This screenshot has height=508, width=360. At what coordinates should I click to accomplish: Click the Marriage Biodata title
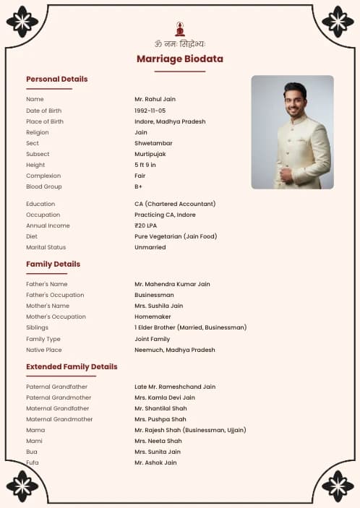coord(180,59)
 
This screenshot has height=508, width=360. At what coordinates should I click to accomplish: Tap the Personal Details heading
coord(56,79)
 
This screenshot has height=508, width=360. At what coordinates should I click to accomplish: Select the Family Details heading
coord(53,264)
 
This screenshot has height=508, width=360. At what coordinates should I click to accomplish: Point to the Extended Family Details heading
coord(72,366)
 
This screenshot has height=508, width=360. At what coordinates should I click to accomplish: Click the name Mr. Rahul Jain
coord(155,99)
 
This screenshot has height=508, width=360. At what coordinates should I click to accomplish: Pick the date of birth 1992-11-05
coord(150,111)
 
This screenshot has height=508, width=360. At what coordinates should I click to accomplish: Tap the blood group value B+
coord(138,186)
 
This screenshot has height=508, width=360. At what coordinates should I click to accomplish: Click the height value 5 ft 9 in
coord(145,165)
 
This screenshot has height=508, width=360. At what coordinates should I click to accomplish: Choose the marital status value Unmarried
coord(150,247)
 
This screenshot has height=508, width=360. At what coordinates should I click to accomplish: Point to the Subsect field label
coord(38,154)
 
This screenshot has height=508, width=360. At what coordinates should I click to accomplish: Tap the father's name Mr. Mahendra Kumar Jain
coord(172,284)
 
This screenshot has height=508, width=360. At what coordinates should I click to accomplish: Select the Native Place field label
coord(43,350)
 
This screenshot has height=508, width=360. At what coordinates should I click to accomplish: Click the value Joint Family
coord(152,339)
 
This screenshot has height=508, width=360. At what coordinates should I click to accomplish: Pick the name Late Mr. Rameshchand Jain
coord(175,387)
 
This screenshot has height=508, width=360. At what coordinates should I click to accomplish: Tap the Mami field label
coord(34,441)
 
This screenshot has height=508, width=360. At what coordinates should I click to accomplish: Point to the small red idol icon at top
coord(180,29)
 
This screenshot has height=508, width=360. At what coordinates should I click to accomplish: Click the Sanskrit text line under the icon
coord(180,43)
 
